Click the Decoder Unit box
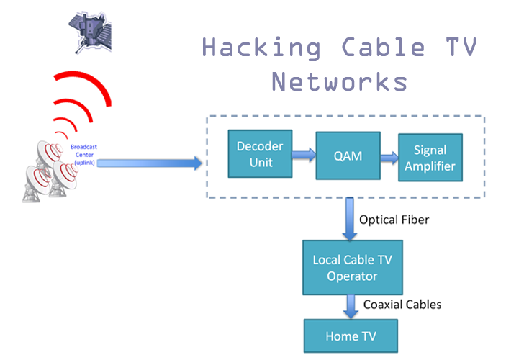pyautogui.click(x=260, y=153)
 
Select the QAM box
pyautogui.click(x=348, y=155)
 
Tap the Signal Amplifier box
pyautogui.click(x=430, y=158)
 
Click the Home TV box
pyautogui.click(x=351, y=336)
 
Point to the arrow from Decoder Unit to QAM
pyautogui.click(x=302, y=153)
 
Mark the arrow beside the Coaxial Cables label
pyautogui.click(x=351, y=305)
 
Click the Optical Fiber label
pyautogui.click(x=394, y=220)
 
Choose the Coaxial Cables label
pyautogui.click(x=402, y=305)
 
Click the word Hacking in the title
pyautogui.click(x=261, y=48)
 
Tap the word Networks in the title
pyautogui.click(x=339, y=81)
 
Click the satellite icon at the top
pyautogui.click(x=92, y=32)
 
